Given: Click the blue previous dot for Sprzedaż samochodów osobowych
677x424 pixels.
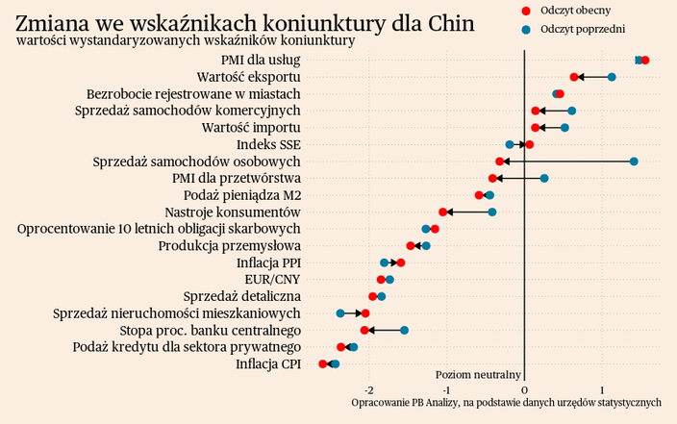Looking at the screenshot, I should (634, 162).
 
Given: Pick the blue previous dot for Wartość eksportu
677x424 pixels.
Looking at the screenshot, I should (612, 77).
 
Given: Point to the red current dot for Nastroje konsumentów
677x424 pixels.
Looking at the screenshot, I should (443, 212).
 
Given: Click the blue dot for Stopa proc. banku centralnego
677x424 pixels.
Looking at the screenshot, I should (404, 330).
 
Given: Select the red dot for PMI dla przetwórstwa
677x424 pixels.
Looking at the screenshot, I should (493, 178).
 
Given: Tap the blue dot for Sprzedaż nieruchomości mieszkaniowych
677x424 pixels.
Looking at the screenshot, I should (340, 313).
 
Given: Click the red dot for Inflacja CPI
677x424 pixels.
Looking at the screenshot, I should (323, 363).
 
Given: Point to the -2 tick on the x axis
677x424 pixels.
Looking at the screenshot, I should (369, 389).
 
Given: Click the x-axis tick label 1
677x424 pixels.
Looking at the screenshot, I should (602, 389).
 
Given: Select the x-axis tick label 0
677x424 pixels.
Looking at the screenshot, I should (524, 389).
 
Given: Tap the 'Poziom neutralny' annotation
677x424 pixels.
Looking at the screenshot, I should (478, 374).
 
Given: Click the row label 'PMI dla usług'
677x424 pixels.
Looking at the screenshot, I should (261, 60).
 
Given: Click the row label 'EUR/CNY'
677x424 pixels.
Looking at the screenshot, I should (273, 279).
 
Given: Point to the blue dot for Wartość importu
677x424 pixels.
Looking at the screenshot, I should (564, 128).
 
